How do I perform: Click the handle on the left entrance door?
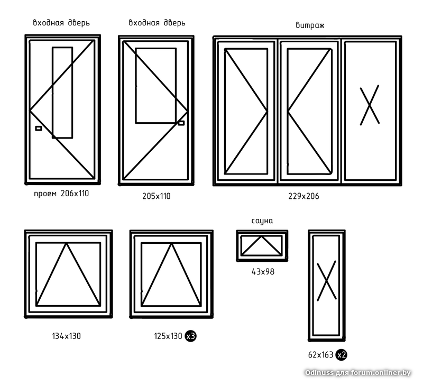pos(38,129)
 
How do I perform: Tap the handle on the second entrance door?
pos(181,123)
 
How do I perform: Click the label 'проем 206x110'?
pos(61,194)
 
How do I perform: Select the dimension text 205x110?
pos(157,196)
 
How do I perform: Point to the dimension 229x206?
pos(304,196)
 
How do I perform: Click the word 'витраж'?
pos(310,25)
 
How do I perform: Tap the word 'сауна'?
pos(262,221)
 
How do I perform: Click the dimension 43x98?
pos(263,272)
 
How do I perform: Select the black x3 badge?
pos(191,336)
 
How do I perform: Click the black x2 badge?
pos(342,354)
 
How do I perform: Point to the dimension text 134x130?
pos(66,336)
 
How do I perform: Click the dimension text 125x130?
pos(168,336)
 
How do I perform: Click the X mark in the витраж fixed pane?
pos(370,105)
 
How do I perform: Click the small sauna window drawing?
pos(262,244)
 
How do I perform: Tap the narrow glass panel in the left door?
pos(62,93)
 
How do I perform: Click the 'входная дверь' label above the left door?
pos(61,23)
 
